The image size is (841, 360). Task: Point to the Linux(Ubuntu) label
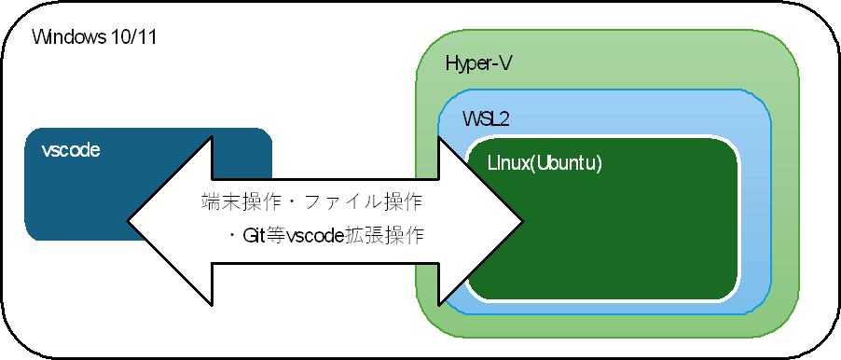click(x=545, y=162)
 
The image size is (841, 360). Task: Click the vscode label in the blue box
click(x=71, y=150)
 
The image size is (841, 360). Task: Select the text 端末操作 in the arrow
click(x=233, y=201)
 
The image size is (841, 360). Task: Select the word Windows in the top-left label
click(x=65, y=38)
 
